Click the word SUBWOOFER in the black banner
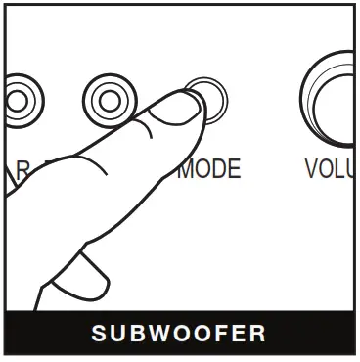point(179,334)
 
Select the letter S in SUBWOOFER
point(100,334)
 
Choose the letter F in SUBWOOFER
point(220,334)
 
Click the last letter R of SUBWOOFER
point(258,334)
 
